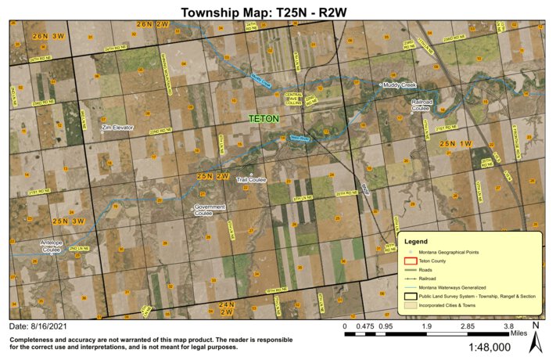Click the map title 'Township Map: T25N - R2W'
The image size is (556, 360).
pos(278,12)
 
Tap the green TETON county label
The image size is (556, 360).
pos(264,119)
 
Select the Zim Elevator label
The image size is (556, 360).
pos(118,127)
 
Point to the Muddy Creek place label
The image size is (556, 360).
pos(399,85)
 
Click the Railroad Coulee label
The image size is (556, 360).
pos(421,105)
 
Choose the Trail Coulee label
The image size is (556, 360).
pos(252,180)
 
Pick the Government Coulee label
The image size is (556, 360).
pos(206,210)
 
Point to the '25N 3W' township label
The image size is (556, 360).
pos(68,221)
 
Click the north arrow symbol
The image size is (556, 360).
pos(535,338)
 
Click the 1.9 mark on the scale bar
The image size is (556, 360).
pos(426,326)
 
